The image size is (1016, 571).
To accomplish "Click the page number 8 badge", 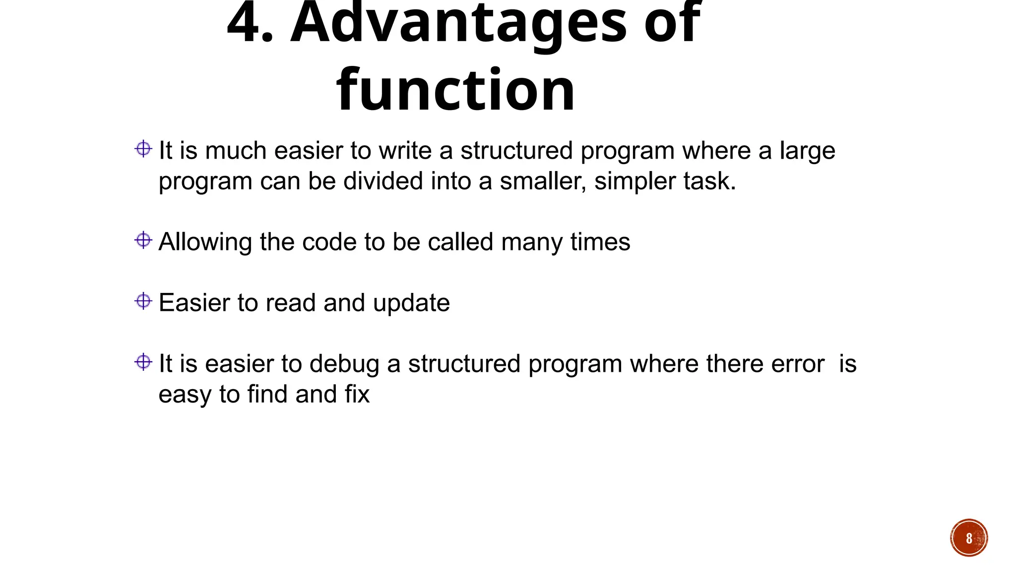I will [968, 538].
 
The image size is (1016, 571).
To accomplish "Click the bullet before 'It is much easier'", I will [143, 149].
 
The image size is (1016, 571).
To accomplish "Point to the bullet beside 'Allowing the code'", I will [143, 240].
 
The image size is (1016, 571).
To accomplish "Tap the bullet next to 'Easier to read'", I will [143, 301].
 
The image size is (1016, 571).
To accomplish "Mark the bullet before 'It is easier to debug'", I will [143, 362].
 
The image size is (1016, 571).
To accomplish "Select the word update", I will [411, 303].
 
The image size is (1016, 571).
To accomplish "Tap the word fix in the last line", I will [357, 395].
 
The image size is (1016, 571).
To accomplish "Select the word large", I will [807, 151].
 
